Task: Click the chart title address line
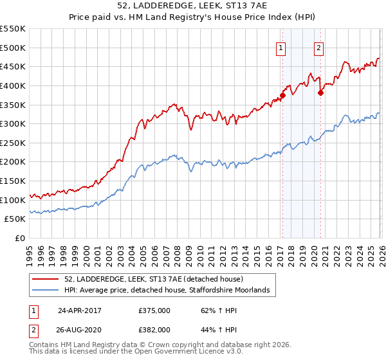tap(193, 6)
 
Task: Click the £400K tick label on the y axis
tap(14, 85)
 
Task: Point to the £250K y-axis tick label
tap(14, 143)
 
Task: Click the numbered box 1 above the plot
tap(282, 47)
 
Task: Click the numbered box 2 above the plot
tap(319, 47)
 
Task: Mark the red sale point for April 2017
tap(282, 95)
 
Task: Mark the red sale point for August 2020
tap(320, 93)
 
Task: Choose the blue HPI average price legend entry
tap(170, 291)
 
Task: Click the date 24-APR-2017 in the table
tap(79, 310)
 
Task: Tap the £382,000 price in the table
tap(154, 328)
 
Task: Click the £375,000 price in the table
tap(154, 310)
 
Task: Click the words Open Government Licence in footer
tap(180, 352)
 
